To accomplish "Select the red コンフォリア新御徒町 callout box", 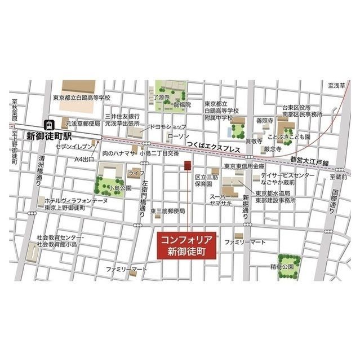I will coord(184,245).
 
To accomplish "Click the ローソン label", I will coord(177,137).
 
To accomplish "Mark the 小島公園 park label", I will coord(120,188).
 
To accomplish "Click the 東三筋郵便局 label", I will coord(167,211).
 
